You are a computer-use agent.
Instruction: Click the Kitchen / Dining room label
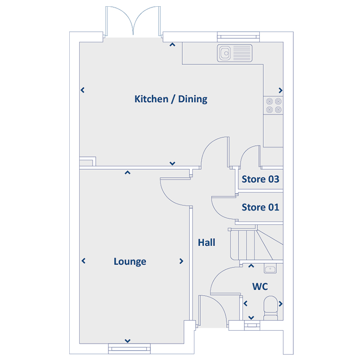click(171, 99)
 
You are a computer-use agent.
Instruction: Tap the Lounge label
click(130, 261)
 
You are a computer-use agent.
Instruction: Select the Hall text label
click(207, 243)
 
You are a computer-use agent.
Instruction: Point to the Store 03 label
click(261, 179)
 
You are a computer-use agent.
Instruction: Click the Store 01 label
click(261, 207)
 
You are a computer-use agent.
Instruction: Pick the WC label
click(260, 287)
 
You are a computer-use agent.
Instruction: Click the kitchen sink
click(234, 53)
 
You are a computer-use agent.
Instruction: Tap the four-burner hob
click(273, 105)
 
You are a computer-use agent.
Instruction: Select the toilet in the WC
click(271, 308)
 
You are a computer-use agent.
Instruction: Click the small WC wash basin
click(270, 269)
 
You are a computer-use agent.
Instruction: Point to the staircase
click(256, 244)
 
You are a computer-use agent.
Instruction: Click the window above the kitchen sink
click(238, 37)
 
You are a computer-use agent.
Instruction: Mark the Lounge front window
click(129, 349)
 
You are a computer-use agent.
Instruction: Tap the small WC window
click(252, 325)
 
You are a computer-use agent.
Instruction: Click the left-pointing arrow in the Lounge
click(84, 261)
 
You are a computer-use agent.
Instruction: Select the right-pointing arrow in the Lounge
click(181, 261)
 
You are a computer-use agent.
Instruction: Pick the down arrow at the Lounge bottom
click(128, 341)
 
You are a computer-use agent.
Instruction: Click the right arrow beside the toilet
click(280, 304)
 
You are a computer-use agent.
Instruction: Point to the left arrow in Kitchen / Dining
click(83, 90)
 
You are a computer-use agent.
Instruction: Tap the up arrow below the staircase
click(251, 266)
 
